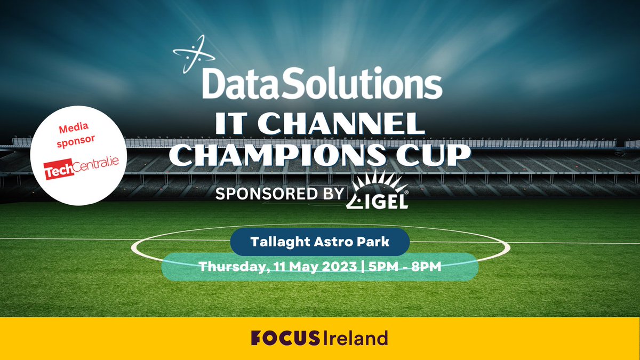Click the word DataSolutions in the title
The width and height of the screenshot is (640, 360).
pyautogui.click(x=322, y=84)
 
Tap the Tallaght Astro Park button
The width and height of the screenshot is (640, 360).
pyautogui.click(x=320, y=241)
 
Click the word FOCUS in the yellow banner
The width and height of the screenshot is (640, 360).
pyautogui.click(x=285, y=338)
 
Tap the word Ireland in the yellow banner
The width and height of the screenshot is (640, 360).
pyautogui.click(x=357, y=338)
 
